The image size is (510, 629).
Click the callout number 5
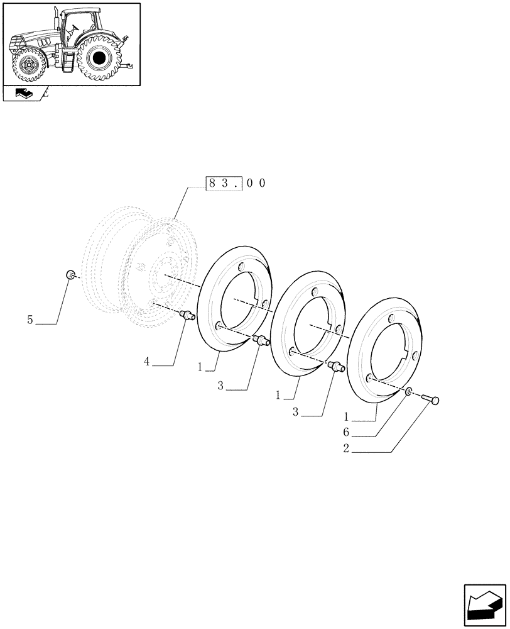click(x=30, y=320)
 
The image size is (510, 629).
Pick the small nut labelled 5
click(x=71, y=274)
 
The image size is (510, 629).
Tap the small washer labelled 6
click(x=409, y=392)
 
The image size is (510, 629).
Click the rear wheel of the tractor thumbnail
click(x=97, y=58)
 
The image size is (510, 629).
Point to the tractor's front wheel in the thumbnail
click(x=28, y=65)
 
